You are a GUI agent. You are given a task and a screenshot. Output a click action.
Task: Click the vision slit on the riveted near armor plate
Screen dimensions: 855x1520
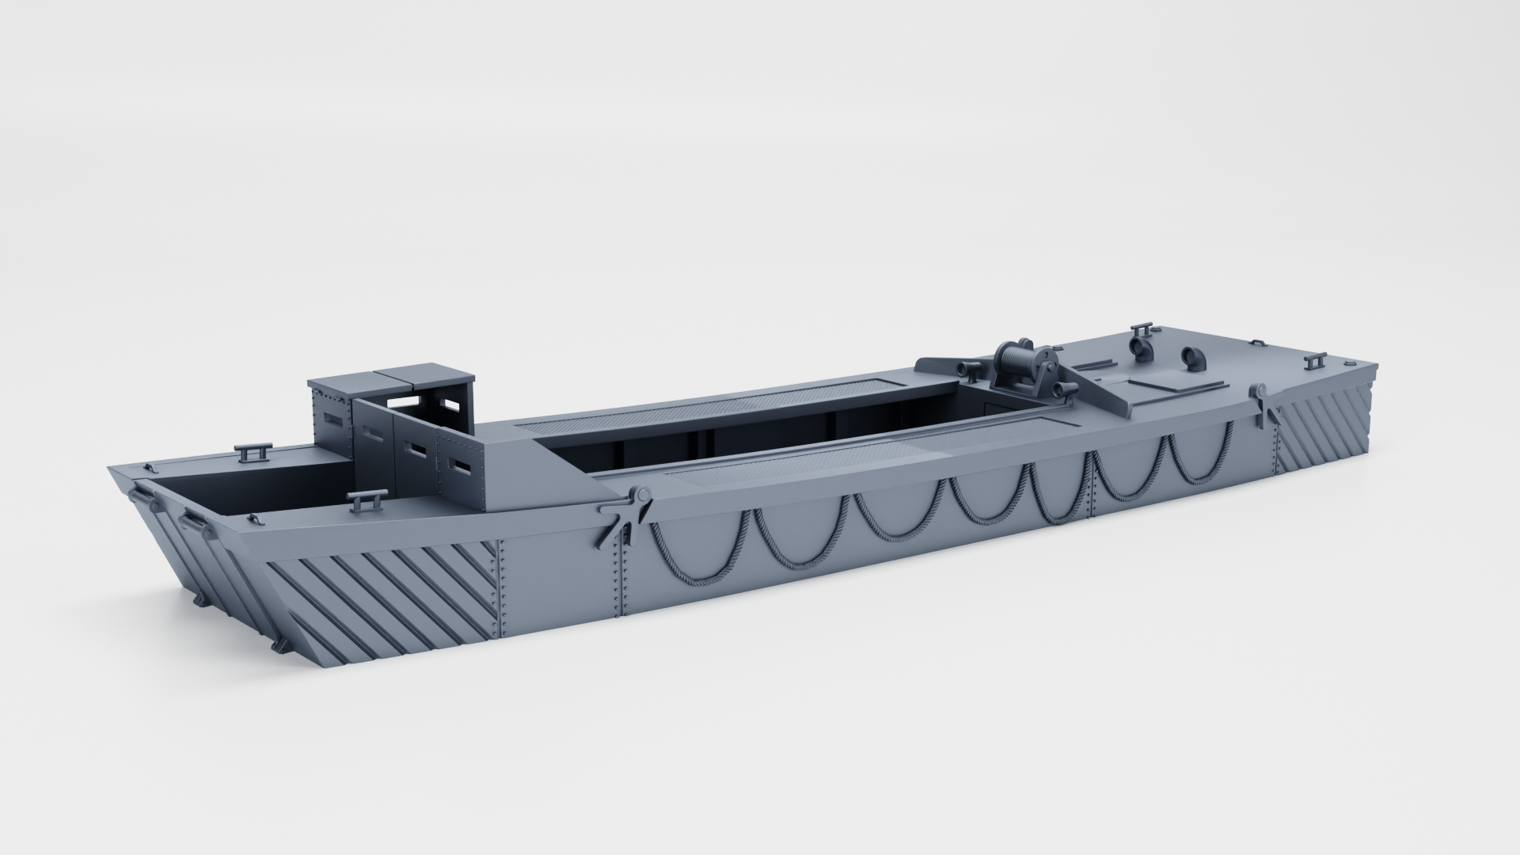click(461, 467)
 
